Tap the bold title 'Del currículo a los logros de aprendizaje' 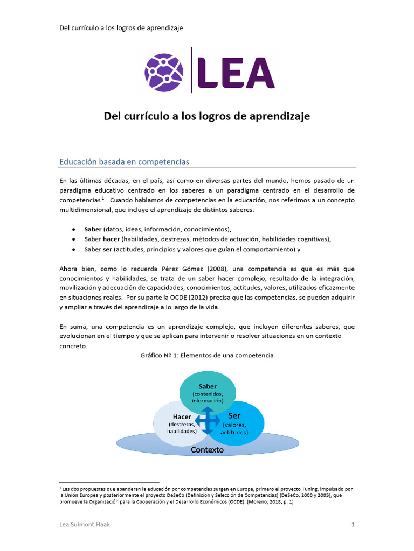[207, 116]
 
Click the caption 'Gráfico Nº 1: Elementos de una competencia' [207, 356]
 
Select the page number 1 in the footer [353, 525]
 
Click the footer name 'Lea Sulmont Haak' [85, 525]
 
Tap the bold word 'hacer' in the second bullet [111, 239]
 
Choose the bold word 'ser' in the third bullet [107, 249]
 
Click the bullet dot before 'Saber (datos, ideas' [73, 229]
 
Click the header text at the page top [121, 27]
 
